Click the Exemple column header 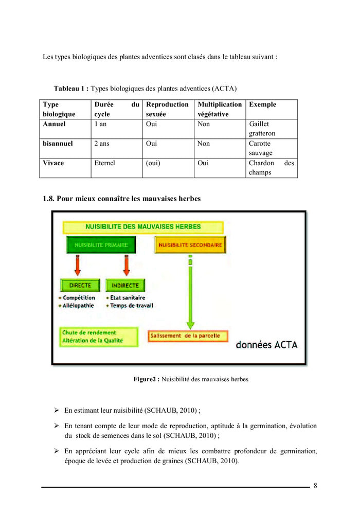click(x=262, y=104)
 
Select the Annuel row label click(x=54, y=124)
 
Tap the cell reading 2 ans click(x=102, y=144)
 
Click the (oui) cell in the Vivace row click(x=152, y=163)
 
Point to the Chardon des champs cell click(x=271, y=168)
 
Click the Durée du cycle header click(x=117, y=109)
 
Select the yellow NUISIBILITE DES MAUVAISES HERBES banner click(x=143, y=226)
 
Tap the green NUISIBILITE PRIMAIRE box click(x=101, y=245)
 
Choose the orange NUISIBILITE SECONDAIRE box click(x=190, y=245)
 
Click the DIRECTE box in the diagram click(x=80, y=285)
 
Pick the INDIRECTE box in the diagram click(x=125, y=285)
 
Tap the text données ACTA click(x=266, y=345)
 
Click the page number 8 click(x=315, y=486)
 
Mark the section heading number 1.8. click(x=48, y=198)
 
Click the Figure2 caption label click(x=146, y=379)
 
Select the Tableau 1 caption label click(x=71, y=89)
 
